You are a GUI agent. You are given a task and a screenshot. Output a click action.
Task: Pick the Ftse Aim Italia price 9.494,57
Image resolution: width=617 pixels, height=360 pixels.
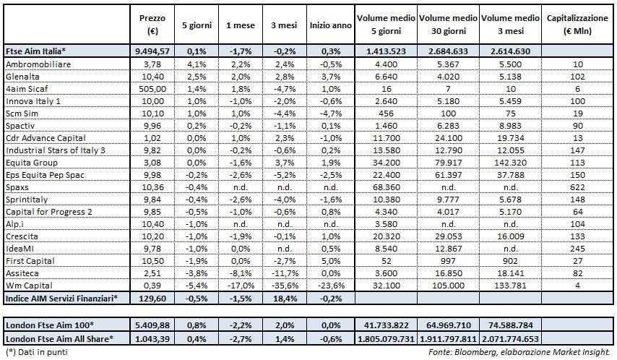[152, 50]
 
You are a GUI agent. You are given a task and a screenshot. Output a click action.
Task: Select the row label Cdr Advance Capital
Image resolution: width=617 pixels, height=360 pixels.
[46, 137]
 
